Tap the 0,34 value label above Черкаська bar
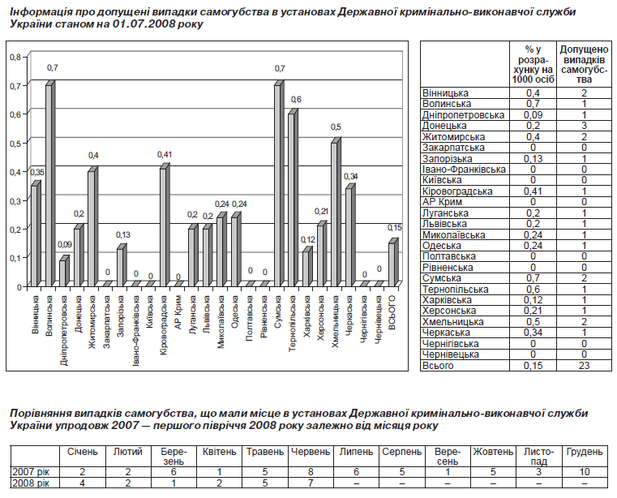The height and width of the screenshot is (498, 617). (351, 177)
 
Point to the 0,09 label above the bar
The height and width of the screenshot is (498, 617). (65, 244)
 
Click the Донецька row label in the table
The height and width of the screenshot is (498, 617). (444, 126)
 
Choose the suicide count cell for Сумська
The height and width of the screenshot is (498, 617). (584, 278)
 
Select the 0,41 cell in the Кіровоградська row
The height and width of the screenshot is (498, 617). (533, 191)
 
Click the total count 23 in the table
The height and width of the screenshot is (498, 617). (584, 366)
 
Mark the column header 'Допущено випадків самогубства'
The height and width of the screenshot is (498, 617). (584, 64)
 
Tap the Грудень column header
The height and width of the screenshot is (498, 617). (585, 452)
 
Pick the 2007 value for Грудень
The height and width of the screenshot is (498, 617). (585, 472)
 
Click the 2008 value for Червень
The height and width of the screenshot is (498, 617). (311, 483)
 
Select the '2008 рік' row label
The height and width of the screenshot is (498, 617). (31, 483)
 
